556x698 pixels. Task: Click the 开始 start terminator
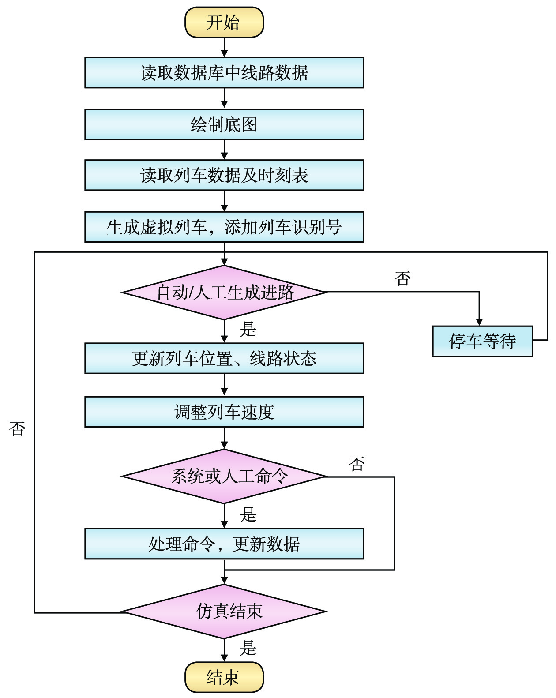pyautogui.click(x=224, y=22)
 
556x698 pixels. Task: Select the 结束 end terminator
pyautogui.click(x=224, y=677)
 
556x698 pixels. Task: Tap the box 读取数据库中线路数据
pyautogui.click(x=224, y=73)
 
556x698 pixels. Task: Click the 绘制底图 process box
pyautogui.click(x=224, y=125)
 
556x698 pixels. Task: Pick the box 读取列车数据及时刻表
pyautogui.click(x=224, y=176)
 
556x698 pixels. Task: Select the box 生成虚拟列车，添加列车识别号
pyautogui.click(x=224, y=227)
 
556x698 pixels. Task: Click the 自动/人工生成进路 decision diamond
pyautogui.click(x=224, y=292)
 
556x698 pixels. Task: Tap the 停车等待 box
pyautogui.click(x=482, y=341)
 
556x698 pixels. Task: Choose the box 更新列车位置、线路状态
pyautogui.click(x=224, y=358)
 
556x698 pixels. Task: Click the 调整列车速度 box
pyautogui.click(x=224, y=412)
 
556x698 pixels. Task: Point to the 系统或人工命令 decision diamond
pyautogui.click(x=224, y=477)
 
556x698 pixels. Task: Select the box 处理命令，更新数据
pyautogui.click(x=224, y=544)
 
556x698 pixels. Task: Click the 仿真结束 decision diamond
pyautogui.click(x=224, y=612)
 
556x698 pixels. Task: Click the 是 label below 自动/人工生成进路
pyautogui.click(x=248, y=329)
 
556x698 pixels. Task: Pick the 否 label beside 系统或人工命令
pyautogui.click(x=357, y=464)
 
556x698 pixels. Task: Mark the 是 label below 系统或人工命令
pyautogui.click(x=248, y=514)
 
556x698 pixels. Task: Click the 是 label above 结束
pyautogui.click(x=248, y=648)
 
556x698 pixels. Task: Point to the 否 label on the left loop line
pyautogui.click(x=17, y=428)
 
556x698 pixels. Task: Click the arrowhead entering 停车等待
pyautogui.click(x=479, y=322)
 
